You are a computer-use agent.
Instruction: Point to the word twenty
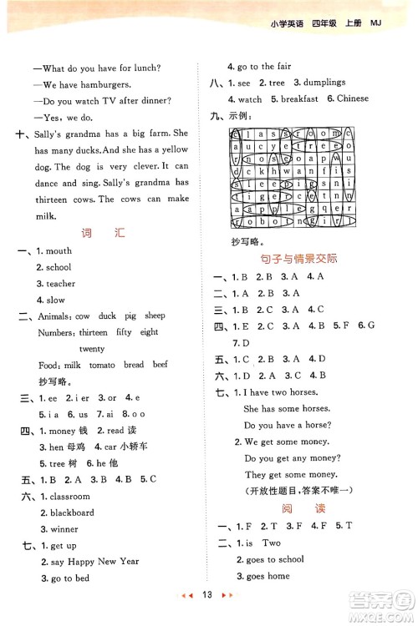tap(92, 348)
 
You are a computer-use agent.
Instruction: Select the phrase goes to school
tap(274, 559)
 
